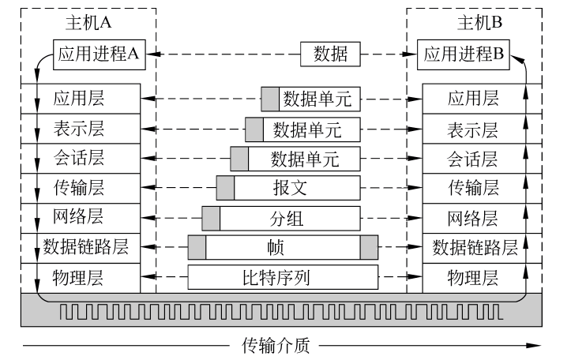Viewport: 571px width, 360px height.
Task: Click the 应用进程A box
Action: click(99, 54)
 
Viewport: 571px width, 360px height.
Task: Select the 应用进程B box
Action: click(465, 54)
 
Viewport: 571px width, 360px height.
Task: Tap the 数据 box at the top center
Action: click(330, 54)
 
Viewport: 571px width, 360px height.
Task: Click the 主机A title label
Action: click(84, 24)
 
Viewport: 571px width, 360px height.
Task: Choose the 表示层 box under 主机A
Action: click(80, 129)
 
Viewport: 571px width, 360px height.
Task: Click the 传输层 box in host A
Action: click(80, 188)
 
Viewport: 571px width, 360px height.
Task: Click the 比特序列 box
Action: click(283, 278)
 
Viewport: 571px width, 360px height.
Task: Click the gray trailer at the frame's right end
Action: click(369, 247)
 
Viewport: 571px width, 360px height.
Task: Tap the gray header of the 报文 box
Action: click(226, 188)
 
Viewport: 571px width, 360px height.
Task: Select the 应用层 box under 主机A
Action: click(80, 99)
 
